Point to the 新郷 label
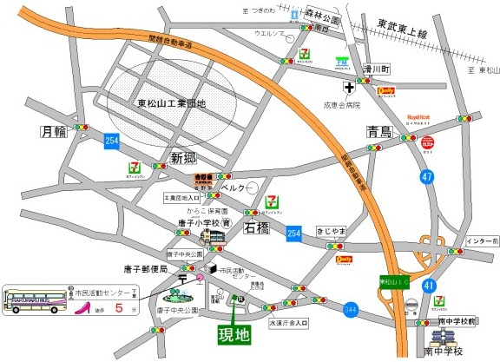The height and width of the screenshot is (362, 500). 186,158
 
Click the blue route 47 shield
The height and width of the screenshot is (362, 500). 427,177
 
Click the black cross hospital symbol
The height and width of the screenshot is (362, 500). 349,88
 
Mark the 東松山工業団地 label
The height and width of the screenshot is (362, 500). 171,104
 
